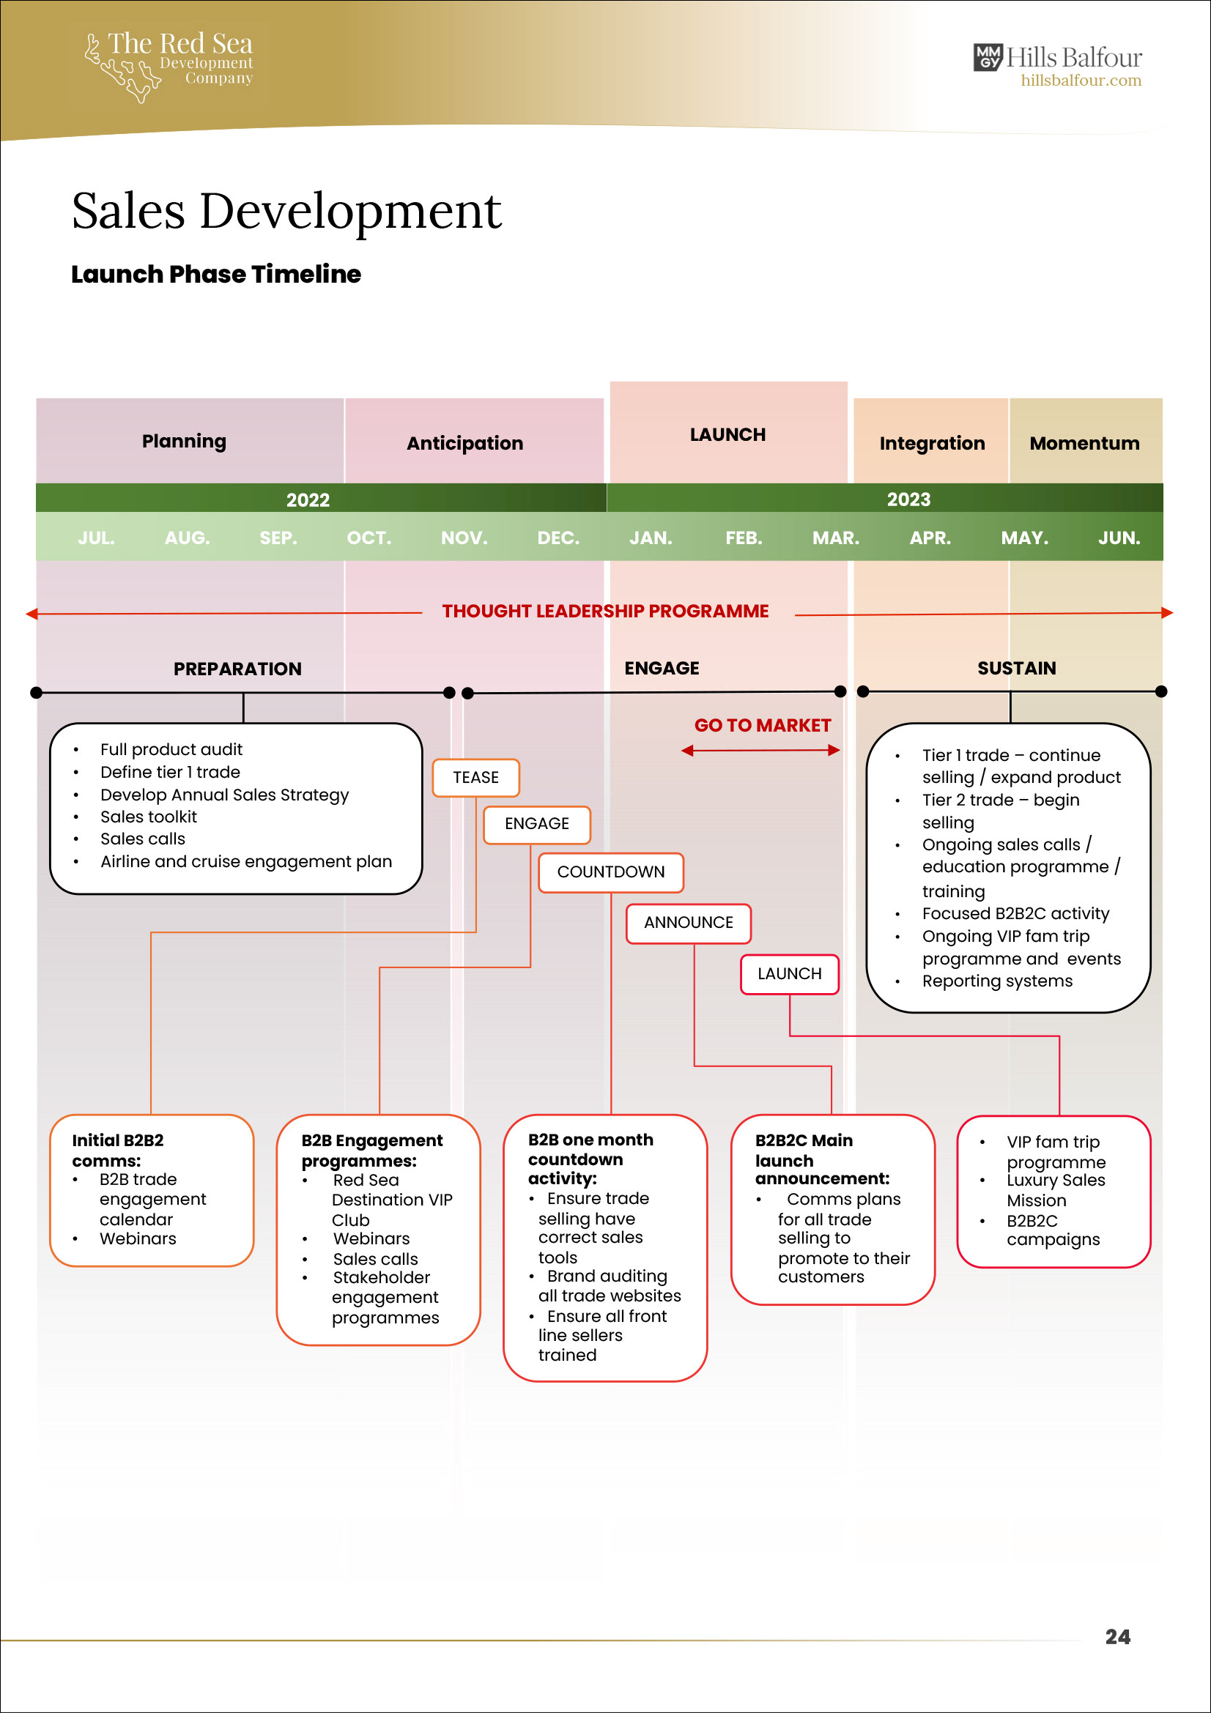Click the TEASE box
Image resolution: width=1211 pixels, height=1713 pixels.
tap(475, 778)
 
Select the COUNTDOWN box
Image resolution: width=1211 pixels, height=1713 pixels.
tap(610, 872)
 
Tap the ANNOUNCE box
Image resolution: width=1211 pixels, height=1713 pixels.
tap(688, 922)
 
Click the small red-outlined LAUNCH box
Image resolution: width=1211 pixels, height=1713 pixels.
tap(789, 973)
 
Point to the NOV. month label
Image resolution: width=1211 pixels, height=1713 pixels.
tap(463, 538)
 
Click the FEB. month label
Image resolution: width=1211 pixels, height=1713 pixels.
tap(743, 538)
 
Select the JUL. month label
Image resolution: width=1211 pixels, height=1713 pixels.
tap(96, 538)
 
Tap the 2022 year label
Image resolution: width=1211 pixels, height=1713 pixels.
tap(308, 500)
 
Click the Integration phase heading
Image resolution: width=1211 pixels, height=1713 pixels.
tap(931, 443)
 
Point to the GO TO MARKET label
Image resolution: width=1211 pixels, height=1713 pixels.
tap(762, 725)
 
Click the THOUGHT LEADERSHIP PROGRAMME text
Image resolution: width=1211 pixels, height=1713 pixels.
tap(604, 611)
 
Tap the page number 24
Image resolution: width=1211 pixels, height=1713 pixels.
tap(1117, 1636)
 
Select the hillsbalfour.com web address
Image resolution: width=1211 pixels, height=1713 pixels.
tap(1081, 81)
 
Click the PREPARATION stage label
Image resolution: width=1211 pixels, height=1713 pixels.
tap(237, 669)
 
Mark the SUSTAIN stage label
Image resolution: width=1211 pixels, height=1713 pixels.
tap(1016, 668)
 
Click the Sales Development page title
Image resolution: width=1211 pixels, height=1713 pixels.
tap(286, 211)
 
